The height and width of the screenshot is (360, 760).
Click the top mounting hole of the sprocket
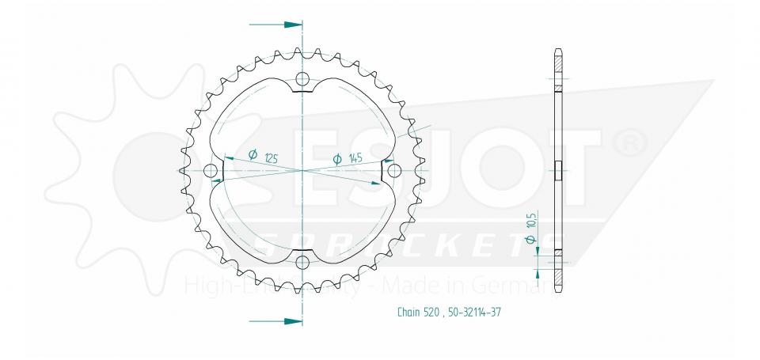[302, 78]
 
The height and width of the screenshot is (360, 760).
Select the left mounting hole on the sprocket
[210, 171]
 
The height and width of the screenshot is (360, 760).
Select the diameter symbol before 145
[337, 159]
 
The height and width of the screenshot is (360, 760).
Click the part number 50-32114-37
[473, 312]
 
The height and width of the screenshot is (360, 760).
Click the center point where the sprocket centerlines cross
[302, 171]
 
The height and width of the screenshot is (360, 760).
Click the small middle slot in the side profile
[558, 171]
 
